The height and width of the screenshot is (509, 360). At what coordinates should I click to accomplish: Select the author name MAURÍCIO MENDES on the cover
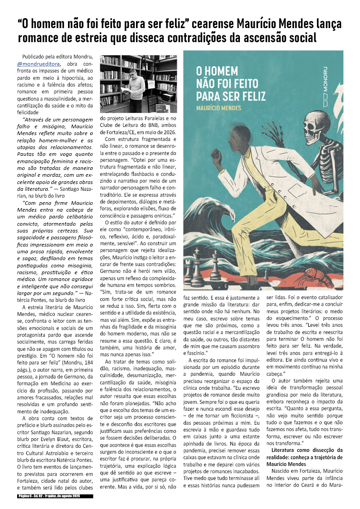click(x=219, y=108)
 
